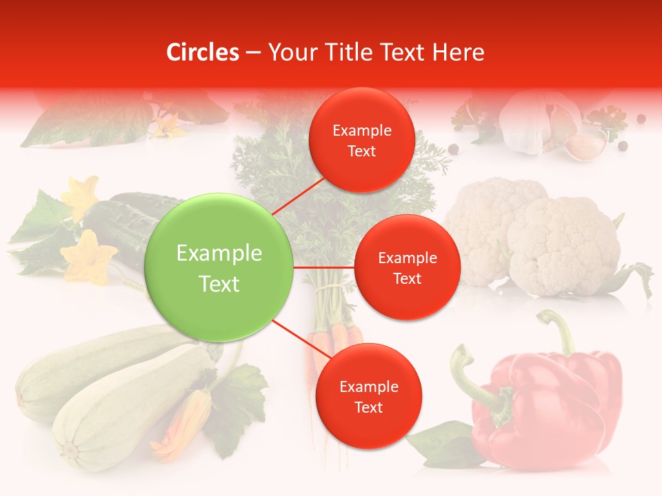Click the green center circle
[x=219, y=267]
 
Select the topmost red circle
[x=361, y=141]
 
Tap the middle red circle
[x=407, y=267]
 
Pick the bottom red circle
[x=368, y=396]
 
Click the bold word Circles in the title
[x=203, y=52]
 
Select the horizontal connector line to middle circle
[x=324, y=267]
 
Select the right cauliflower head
[x=562, y=245]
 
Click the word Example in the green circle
[x=219, y=254]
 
